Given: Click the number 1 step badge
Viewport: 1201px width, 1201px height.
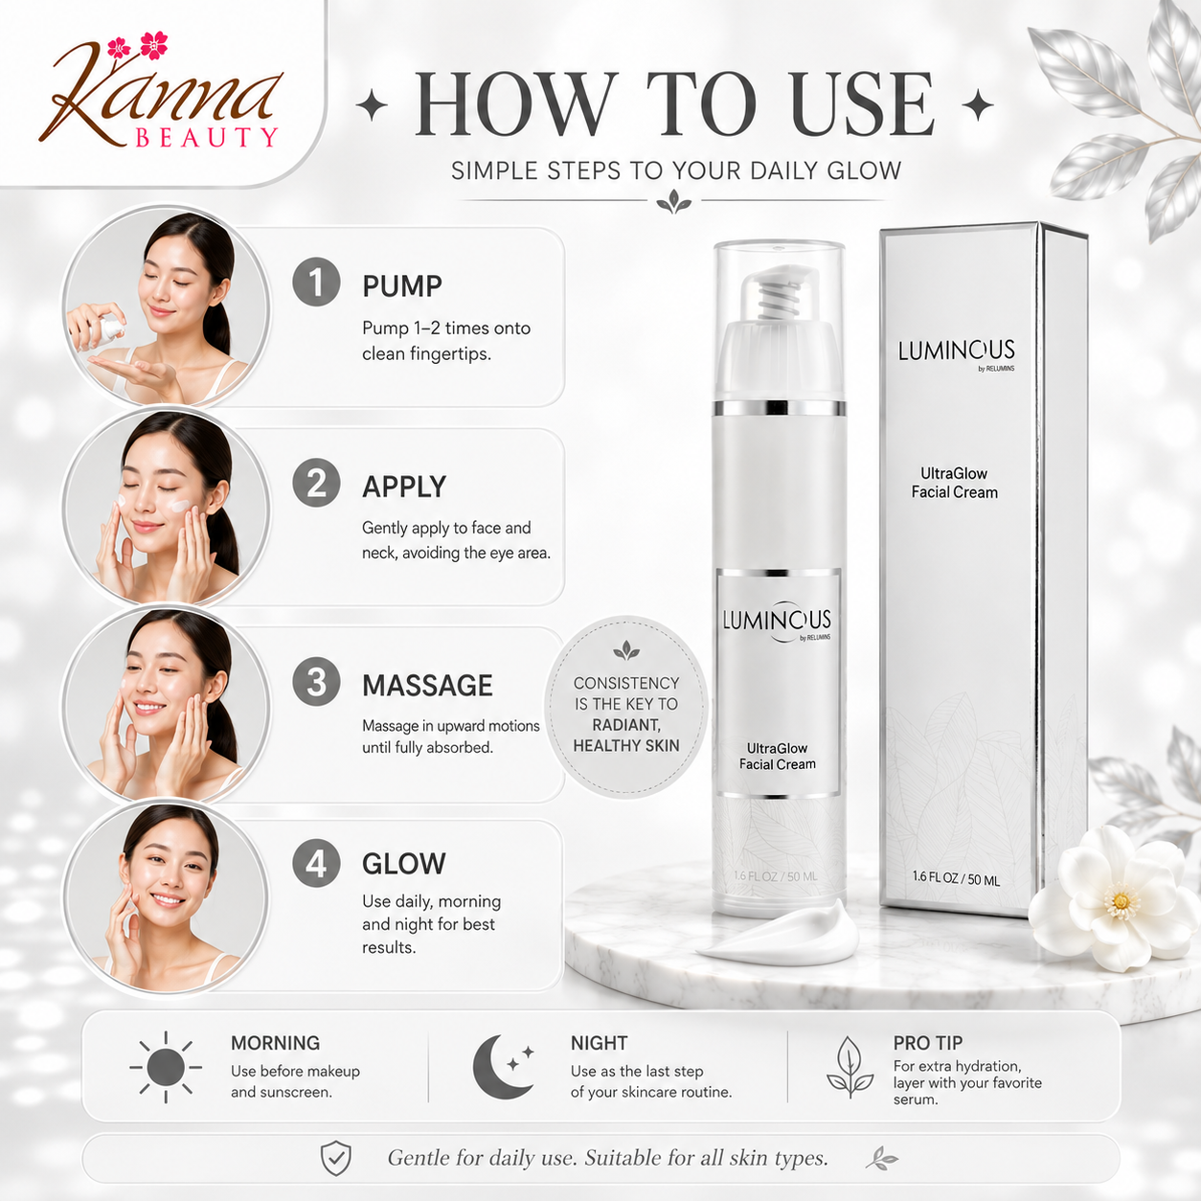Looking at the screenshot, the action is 317,282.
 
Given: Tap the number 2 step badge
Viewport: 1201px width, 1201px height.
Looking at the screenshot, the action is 317,483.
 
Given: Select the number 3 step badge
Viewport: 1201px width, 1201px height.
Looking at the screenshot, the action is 317,681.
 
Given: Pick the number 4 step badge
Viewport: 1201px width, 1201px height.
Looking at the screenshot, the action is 317,863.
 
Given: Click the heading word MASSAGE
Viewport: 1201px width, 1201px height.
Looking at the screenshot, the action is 427,686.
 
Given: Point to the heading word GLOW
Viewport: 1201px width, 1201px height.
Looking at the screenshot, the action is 404,864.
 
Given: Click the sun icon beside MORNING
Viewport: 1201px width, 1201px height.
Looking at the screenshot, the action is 166,1067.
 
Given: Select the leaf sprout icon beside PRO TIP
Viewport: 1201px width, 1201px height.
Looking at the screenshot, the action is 850,1067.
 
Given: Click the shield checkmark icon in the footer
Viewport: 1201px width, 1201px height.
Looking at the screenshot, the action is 336,1159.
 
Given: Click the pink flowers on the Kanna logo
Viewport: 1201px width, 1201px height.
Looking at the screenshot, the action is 138,46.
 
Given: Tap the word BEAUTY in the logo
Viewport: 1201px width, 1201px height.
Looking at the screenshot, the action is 206,138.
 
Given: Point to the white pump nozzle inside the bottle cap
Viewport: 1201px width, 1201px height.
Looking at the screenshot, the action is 780,296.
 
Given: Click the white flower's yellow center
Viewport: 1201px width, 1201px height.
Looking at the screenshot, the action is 1121,900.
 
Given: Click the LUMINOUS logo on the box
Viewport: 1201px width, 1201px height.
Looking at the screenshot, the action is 956,352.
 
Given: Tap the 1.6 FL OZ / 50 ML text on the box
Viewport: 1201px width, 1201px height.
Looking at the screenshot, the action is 956,879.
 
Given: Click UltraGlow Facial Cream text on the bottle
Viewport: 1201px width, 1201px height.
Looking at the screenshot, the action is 777,756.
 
